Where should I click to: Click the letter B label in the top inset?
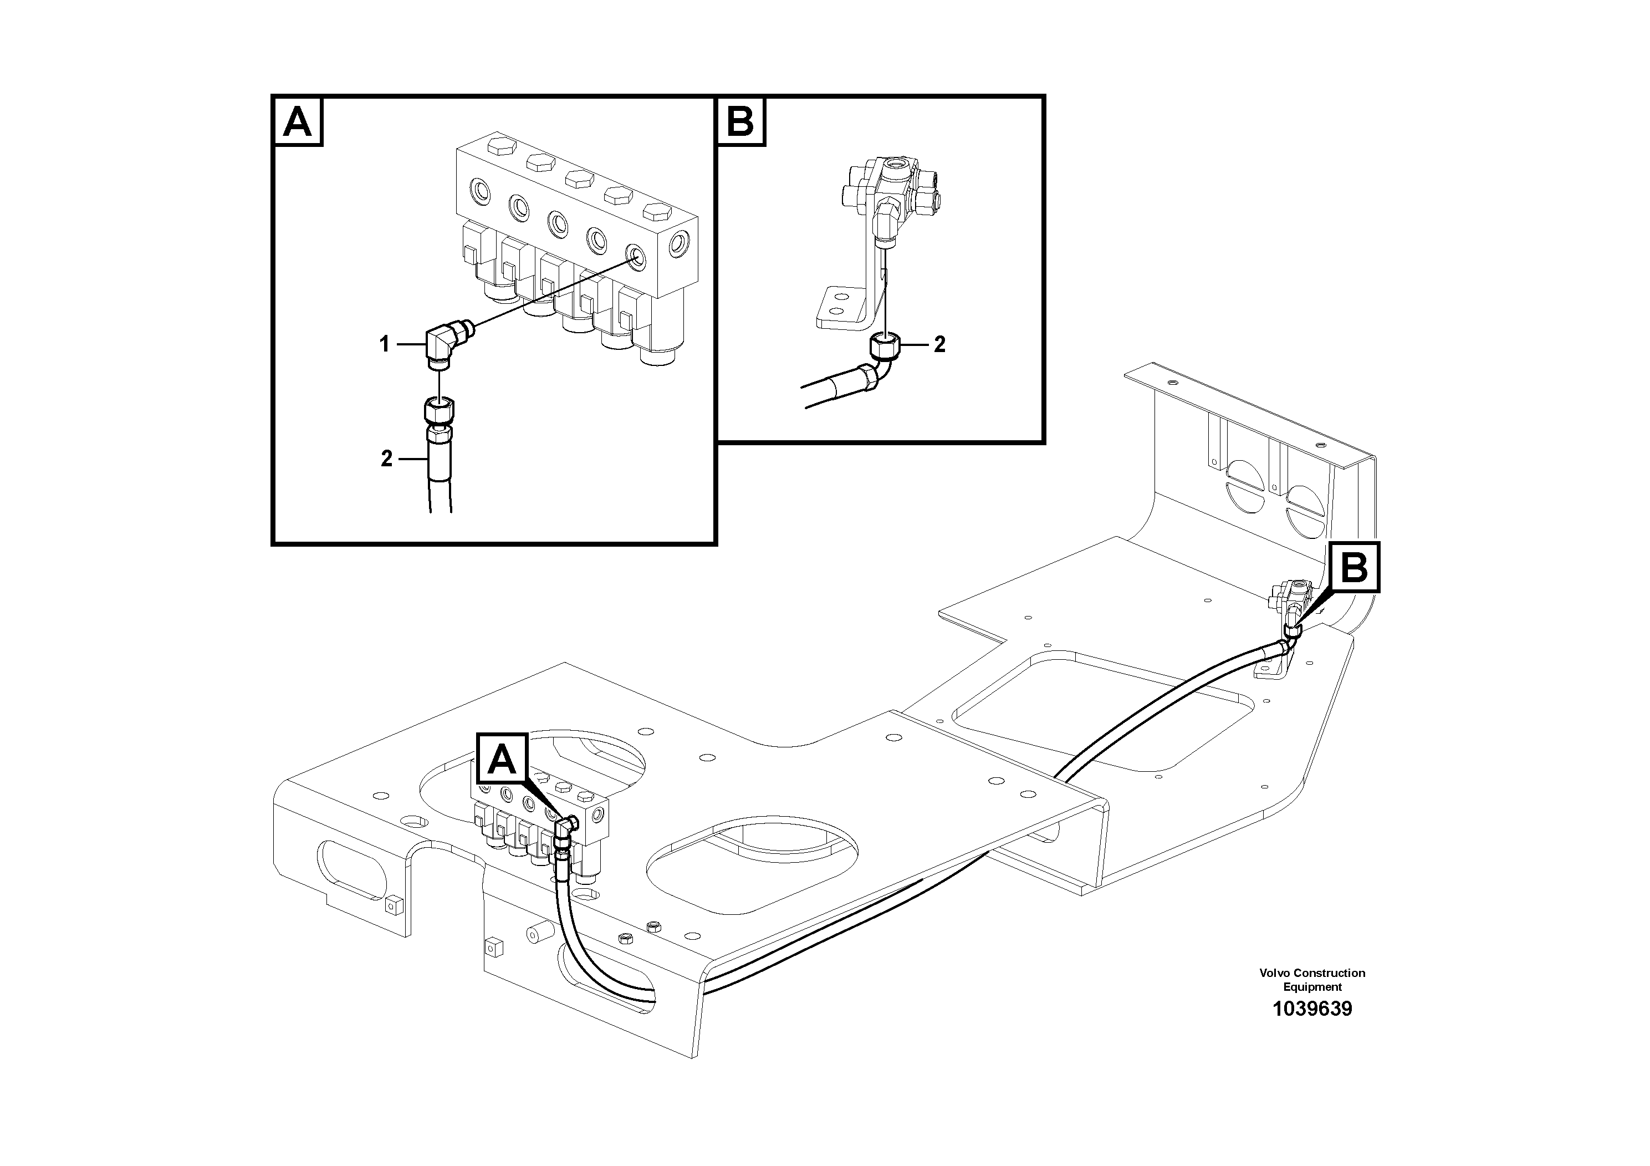[x=741, y=121]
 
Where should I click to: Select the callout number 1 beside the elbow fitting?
[x=385, y=345]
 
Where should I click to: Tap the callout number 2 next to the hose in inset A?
[x=387, y=459]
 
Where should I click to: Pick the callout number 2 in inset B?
[x=939, y=344]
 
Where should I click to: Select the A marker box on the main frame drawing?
[x=502, y=759]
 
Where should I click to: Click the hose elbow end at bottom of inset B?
[x=873, y=376]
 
